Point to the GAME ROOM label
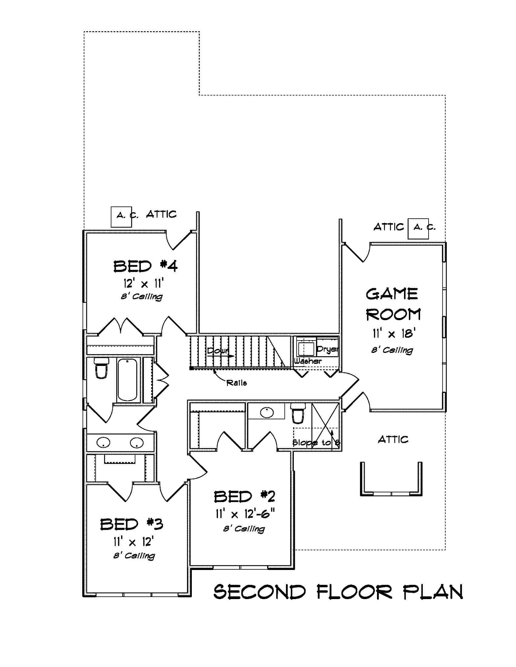tap(393, 304)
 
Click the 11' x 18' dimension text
tap(393, 333)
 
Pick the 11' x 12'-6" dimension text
tap(245, 514)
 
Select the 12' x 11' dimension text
tap(144, 284)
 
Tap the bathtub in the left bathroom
tap(127, 380)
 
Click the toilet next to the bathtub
tap(101, 368)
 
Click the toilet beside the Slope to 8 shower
tap(298, 413)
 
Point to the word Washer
tap(307, 361)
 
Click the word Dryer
tap(328, 349)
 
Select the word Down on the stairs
tap(218, 350)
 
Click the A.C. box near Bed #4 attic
tap(121, 216)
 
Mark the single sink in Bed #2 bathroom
tap(267, 412)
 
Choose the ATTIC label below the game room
tap(393, 440)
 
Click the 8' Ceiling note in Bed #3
tap(134, 555)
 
